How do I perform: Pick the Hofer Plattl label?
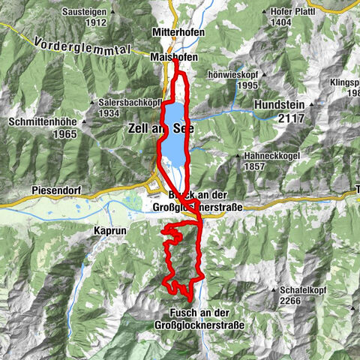[x=313, y=13]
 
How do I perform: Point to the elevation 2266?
[x=290, y=301]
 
